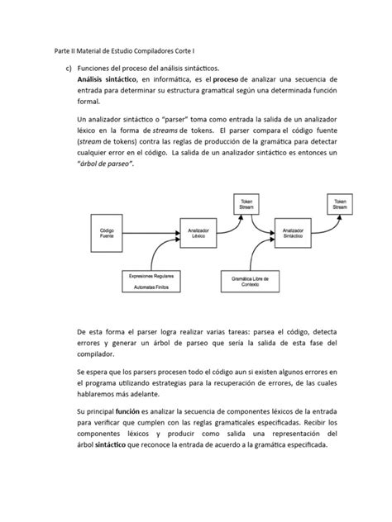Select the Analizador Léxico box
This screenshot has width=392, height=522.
pyautogui.click(x=198, y=233)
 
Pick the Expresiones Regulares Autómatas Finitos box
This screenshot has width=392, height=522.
pyautogui.click(x=151, y=281)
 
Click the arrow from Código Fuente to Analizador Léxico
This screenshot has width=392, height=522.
pyautogui.click(x=153, y=233)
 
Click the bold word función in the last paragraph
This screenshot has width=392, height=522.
pyautogui.click(x=136, y=411)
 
